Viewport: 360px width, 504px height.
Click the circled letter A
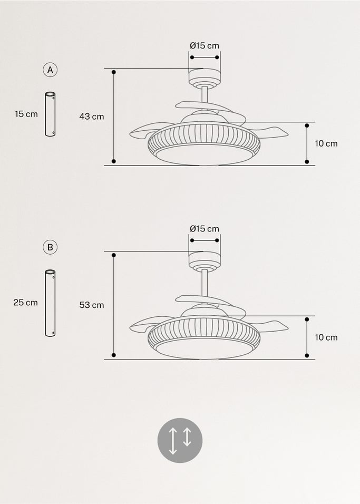(x=50, y=70)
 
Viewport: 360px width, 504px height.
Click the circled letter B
(x=50, y=247)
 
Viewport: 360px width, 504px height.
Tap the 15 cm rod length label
(x=26, y=114)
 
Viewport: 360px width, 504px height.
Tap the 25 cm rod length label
(x=26, y=303)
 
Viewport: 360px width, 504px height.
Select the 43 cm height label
(x=92, y=117)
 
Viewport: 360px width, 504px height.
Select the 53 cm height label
(x=92, y=305)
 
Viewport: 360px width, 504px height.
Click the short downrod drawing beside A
(x=50, y=114)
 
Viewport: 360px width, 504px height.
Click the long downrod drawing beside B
(x=50, y=303)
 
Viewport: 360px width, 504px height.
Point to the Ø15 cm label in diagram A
(x=205, y=46)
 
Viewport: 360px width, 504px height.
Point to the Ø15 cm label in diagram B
(x=205, y=229)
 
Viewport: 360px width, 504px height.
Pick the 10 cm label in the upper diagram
(x=326, y=143)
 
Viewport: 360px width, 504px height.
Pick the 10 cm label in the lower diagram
(x=326, y=337)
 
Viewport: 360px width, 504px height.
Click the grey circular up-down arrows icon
(x=180, y=440)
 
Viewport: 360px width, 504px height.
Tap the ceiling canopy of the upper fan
(x=205, y=77)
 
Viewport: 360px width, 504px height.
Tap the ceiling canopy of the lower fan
(x=205, y=260)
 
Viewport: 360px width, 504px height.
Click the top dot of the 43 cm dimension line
(x=114, y=72)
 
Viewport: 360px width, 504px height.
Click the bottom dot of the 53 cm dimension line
(x=114, y=355)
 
